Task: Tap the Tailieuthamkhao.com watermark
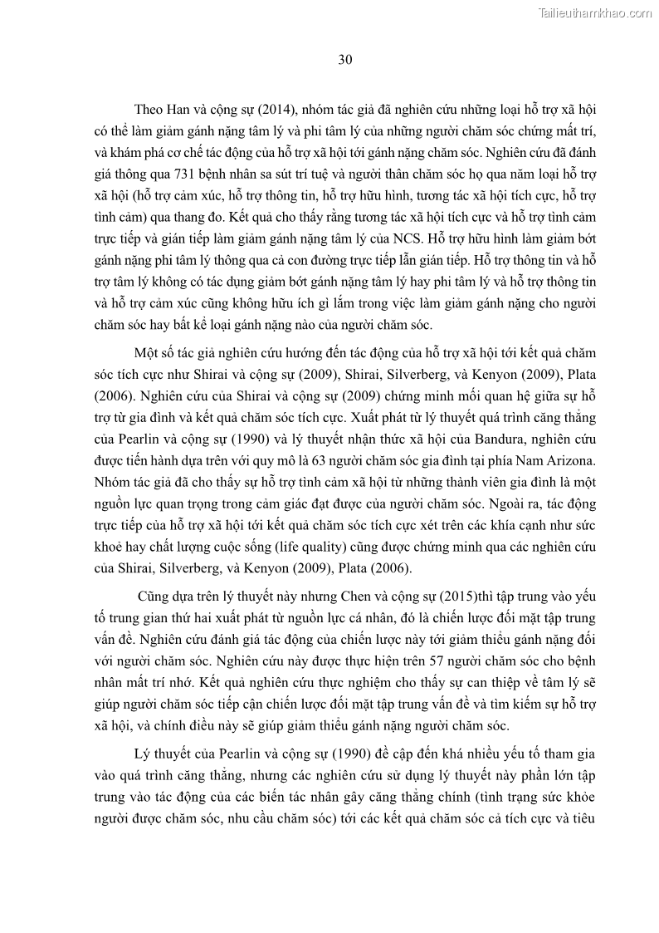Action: [595, 12]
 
